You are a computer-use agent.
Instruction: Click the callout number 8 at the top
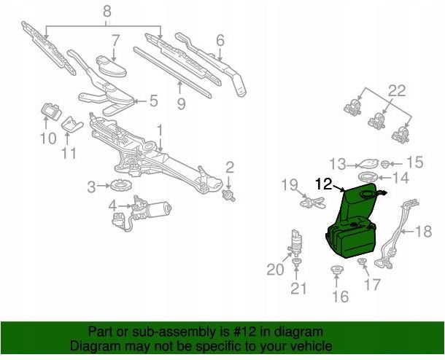108,11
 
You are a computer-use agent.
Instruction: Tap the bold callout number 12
324,185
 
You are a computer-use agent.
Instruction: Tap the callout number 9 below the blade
182,104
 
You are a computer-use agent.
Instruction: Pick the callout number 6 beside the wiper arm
220,42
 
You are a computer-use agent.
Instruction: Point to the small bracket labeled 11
71,125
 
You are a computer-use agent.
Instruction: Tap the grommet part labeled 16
337,274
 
